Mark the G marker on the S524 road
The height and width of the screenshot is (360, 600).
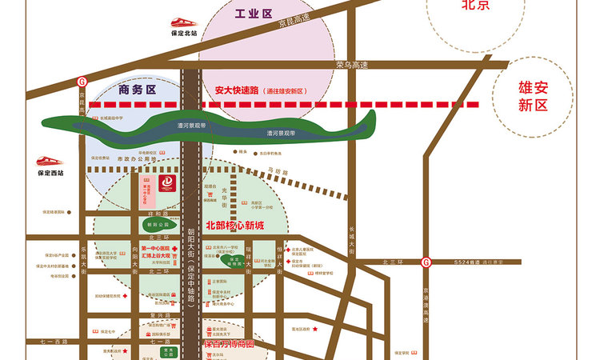click(x=426, y=262)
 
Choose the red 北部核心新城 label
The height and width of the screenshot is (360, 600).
click(x=235, y=226)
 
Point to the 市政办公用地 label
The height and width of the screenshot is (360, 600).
click(x=133, y=158)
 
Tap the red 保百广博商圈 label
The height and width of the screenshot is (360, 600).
click(x=230, y=346)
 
